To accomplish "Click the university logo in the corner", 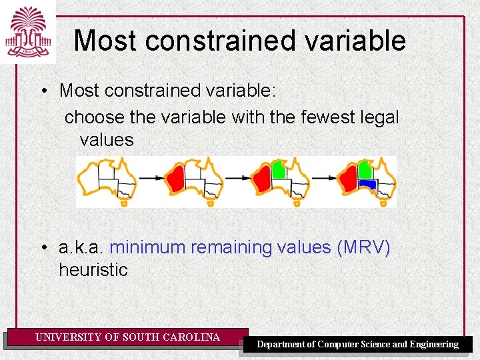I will pos(27,31).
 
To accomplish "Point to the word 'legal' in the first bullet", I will pos(381,117).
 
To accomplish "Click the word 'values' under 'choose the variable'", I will pos(107,140).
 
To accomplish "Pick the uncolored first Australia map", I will pos(107,179).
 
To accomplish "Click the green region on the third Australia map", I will pos(279,171).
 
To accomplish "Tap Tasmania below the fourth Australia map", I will pos(383,203).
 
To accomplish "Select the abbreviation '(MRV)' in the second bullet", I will pos(363,247).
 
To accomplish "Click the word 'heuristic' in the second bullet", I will pos(93,270).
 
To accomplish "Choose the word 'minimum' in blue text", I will pos(147,247).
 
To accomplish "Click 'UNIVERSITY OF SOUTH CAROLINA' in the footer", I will pos(127,337).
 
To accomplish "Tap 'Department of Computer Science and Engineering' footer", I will pos(358,344).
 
